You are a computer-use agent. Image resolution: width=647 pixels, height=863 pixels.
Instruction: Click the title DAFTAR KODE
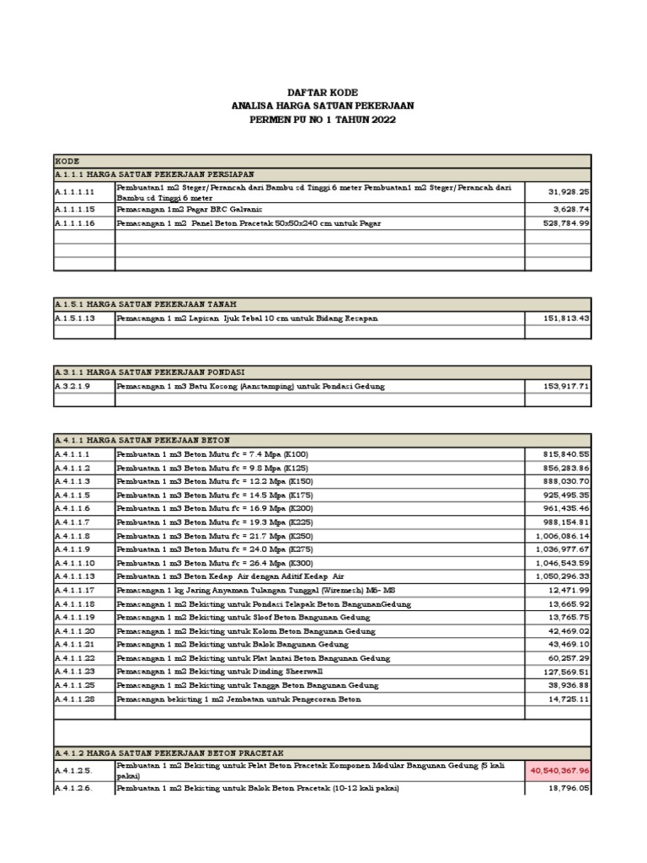323,91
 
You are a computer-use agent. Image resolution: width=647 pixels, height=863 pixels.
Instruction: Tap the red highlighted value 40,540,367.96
558,769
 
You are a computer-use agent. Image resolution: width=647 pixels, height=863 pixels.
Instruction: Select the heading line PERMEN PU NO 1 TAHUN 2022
323,121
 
